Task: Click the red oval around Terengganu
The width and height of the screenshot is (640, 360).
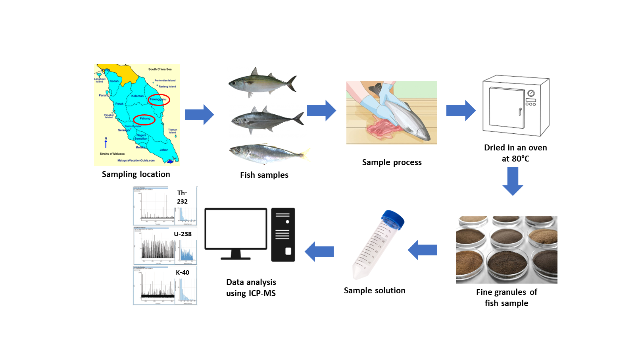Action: pyautogui.click(x=159, y=100)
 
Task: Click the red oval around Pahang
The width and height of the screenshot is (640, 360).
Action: pyautogui.click(x=144, y=119)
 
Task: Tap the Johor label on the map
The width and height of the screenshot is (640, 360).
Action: pyautogui.click(x=163, y=150)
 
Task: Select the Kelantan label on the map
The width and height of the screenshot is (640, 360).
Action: pyautogui.click(x=137, y=96)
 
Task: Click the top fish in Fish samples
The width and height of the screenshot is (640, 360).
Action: pyautogui.click(x=262, y=83)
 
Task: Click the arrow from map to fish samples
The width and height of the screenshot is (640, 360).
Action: pyautogui.click(x=199, y=115)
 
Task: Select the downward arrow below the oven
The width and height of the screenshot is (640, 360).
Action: pyautogui.click(x=513, y=181)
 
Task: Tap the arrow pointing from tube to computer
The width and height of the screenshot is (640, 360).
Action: pyautogui.click(x=319, y=251)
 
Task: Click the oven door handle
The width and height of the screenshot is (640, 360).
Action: pyautogui.click(x=520, y=112)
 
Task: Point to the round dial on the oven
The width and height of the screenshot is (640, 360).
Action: pyautogui.click(x=531, y=93)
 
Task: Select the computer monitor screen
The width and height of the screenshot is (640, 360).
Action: pyautogui.click(x=236, y=229)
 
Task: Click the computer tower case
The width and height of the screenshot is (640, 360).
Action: pyautogui.click(x=283, y=235)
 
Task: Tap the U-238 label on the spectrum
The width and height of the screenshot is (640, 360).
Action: pyautogui.click(x=183, y=234)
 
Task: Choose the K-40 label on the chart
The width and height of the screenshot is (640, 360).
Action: pyautogui.click(x=183, y=273)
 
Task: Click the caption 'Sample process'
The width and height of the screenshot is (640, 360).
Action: pyautogui.click(x=392, y=162)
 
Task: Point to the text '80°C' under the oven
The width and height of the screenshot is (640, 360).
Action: pyautogui.click(x=521, y=159)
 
